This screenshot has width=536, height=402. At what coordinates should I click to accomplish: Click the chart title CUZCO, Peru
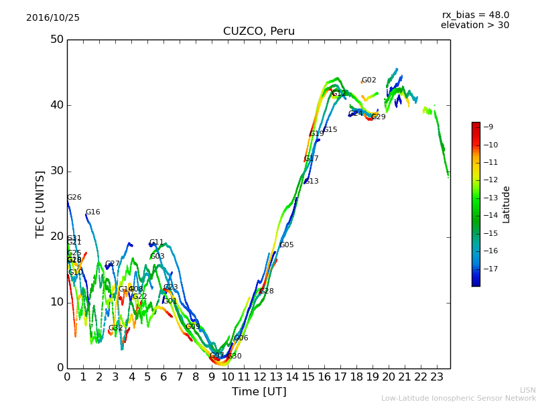click(259, 31)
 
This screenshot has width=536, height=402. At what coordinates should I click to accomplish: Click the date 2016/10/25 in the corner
click(53, 17)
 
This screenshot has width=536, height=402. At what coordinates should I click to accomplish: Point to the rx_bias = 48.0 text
click(475, 15)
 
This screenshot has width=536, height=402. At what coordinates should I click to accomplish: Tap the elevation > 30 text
click(474, 25)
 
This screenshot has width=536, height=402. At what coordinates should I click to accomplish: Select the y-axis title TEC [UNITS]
click(40, 204)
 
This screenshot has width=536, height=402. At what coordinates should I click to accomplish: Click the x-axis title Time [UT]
click(259, 392)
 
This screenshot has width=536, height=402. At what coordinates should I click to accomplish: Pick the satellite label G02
click(368, 80)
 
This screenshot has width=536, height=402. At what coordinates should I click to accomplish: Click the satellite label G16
click(92, 212)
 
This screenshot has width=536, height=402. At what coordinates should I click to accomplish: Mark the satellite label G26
click(74, 198)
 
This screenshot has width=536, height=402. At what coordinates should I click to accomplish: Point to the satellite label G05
click(287, 245)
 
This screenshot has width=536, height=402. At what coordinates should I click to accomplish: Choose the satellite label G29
click(379, 117)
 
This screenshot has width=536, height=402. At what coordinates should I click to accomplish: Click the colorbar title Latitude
click(507, 204)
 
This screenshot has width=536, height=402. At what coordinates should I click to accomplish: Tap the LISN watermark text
click(527, 390)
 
